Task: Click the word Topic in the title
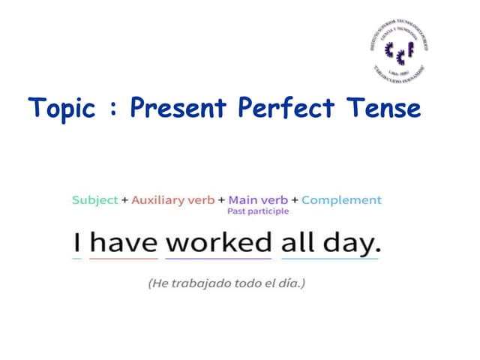pos(64,108)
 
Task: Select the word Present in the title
pos(179,108)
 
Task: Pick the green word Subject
pos(94,200)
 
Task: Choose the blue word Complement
pos(341,200)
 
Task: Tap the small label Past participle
pos(257,212)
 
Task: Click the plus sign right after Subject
pos(124,200)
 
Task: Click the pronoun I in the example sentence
pos(76,241)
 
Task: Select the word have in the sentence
pos(124,241)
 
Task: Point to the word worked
pos(218,241)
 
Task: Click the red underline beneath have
pos(124,259)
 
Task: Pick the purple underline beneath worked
pos(218,259)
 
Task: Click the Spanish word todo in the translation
pos(247,283)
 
